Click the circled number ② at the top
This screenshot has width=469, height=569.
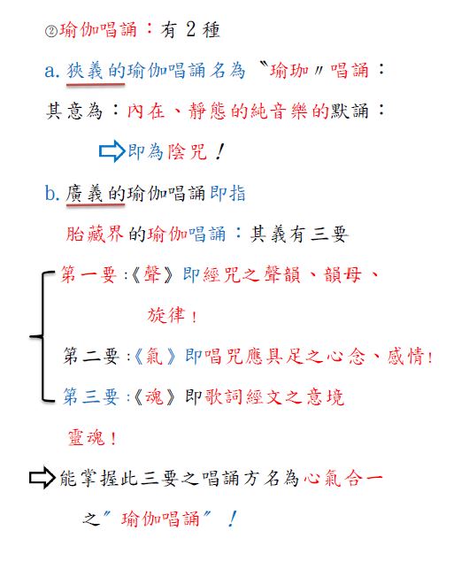click(x=51, y=31)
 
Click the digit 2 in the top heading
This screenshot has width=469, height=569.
click(x=191, y=29)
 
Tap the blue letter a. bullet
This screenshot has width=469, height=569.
click(x=52, y=71)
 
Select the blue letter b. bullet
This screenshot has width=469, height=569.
click(x=52, y=193)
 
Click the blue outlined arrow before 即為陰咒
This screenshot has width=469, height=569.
click(x=112, y=151)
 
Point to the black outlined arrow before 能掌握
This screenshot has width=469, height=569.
click(x=42, y=478)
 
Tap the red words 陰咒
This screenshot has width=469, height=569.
click(x=187, y=151)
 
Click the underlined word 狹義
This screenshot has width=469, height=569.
click(x=85, y=71)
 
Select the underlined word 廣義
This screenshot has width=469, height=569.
click(x=84, y=193)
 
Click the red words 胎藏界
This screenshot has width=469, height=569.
click(x=95, y=234)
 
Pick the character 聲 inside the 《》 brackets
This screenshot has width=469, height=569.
click(x=152, y=274)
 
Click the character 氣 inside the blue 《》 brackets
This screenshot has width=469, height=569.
click(x=154, y=356)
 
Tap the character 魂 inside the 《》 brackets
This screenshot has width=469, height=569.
click(x=154, y=396)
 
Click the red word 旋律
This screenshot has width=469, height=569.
click(x=166, y=315)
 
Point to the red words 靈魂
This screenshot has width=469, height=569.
click(x=87, y=437)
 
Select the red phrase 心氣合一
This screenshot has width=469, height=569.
click(x=343, y=478)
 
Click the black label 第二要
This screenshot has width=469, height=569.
click(x=91, y=356)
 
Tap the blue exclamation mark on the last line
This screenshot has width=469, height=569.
click(x=233, y=519)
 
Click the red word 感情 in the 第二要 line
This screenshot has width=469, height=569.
click(x=405, y=356)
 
